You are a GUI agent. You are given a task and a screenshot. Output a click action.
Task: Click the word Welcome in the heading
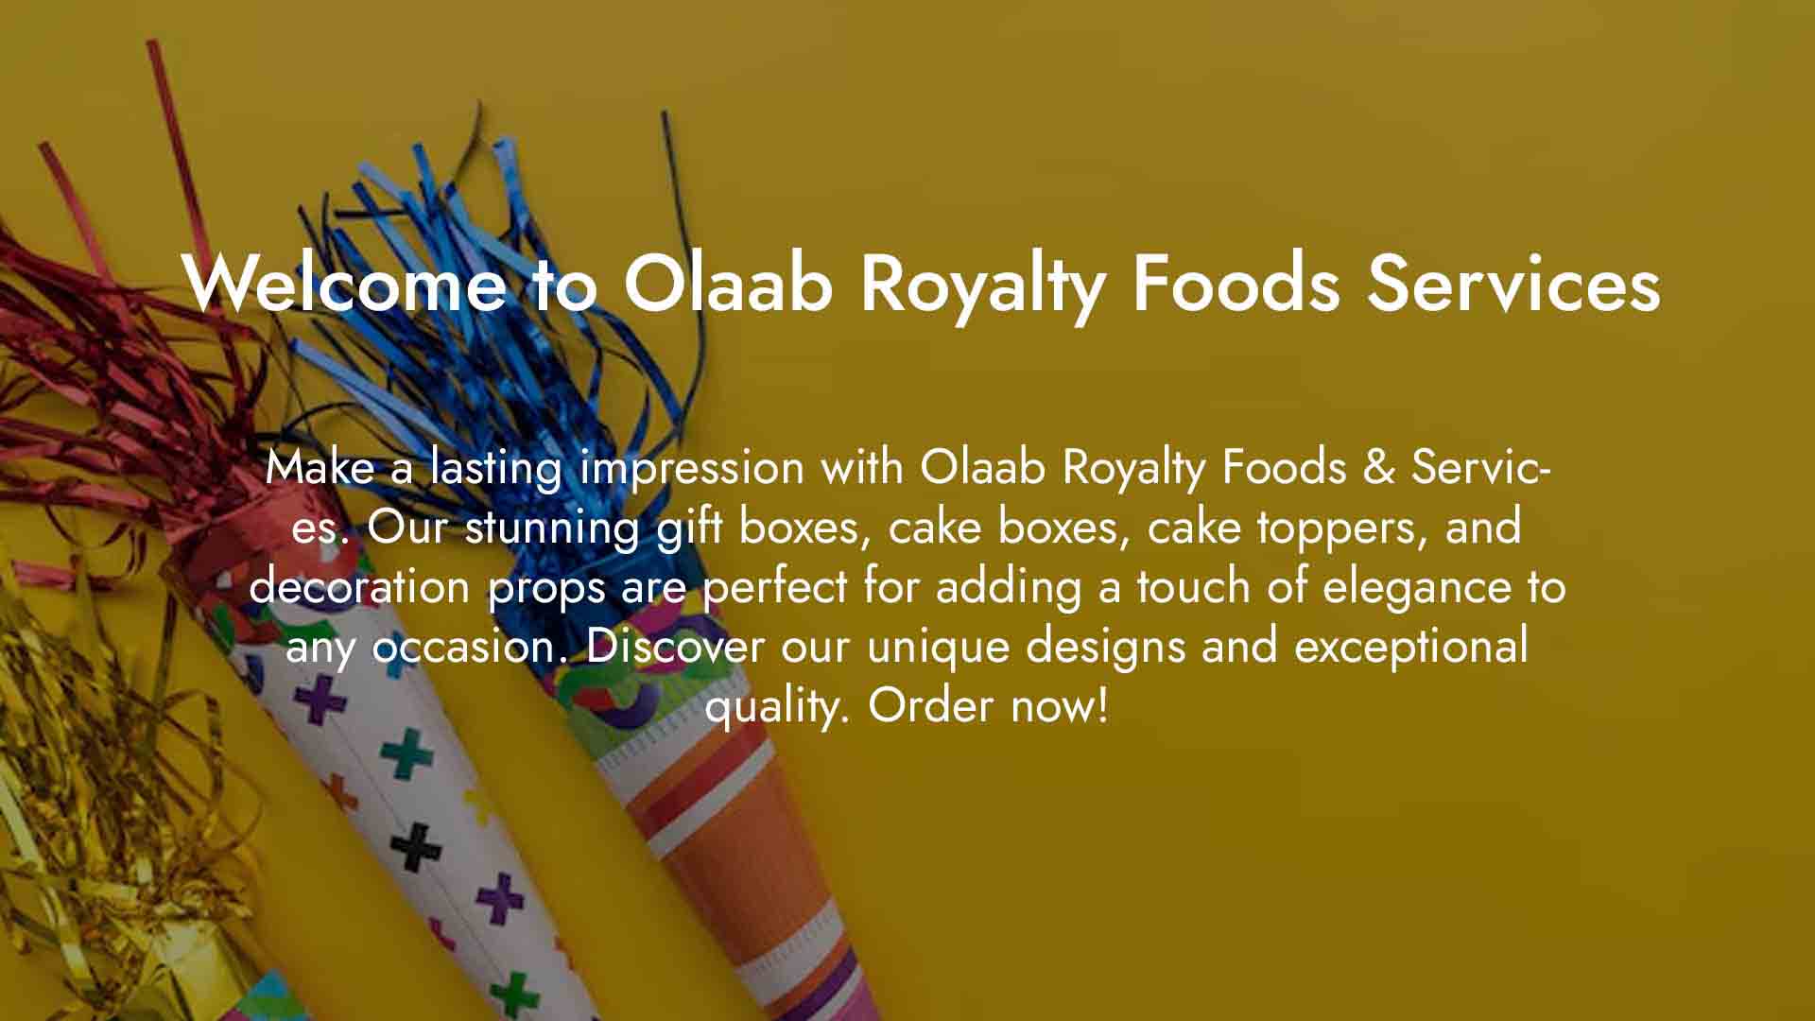click(344, 282)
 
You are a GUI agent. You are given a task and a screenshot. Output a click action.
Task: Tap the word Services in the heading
click(1513, 282)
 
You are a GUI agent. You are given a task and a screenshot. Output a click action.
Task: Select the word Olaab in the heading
click(727, 282)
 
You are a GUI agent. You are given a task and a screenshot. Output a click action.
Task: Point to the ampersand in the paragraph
click(1379, 467)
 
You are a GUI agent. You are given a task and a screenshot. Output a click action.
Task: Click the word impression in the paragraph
click(692, 467)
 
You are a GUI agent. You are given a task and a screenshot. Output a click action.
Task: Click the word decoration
click(359, 586)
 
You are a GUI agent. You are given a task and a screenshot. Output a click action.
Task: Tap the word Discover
click(675, 646)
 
